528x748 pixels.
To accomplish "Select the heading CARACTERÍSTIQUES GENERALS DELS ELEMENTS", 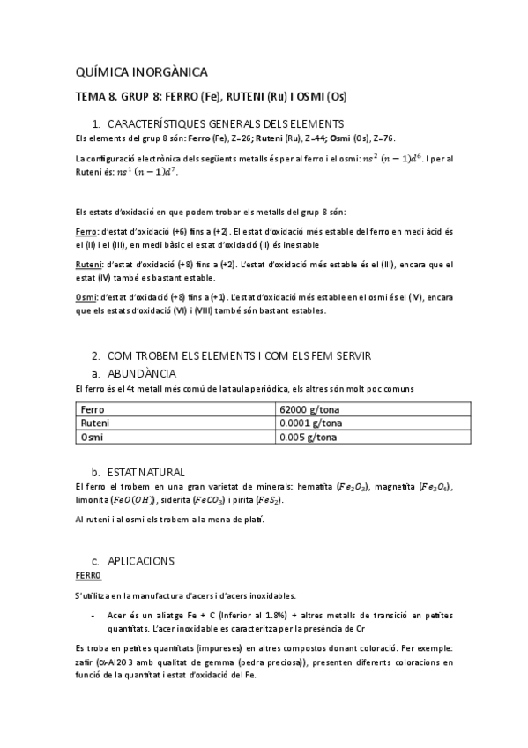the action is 226,124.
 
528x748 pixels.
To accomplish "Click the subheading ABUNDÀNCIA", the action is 149,373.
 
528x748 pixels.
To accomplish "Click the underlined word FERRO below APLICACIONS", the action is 88,575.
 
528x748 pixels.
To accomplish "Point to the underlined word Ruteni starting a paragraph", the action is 89,264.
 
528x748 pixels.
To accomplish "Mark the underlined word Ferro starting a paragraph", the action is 86,231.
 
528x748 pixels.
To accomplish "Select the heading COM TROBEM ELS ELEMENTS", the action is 238,355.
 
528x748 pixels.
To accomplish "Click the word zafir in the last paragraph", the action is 86,662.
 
